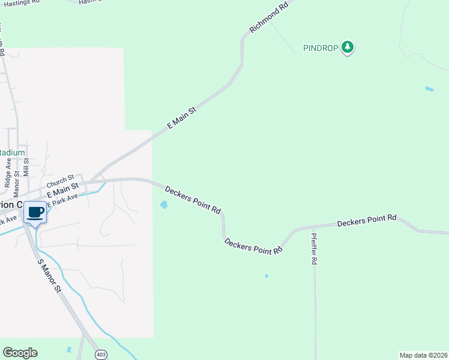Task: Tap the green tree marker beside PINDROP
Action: pyautogui.click(x=347, y=47)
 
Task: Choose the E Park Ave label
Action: pyautogui.click(x=62, y=201)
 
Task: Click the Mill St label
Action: pyautogui.click(x=35, y=163)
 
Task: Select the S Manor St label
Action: pyautogui.click(x=50, y=276)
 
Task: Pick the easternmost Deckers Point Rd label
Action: pyautogui.click(x=367, y=221)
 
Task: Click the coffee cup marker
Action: pyautogui.click(x=35, y=213)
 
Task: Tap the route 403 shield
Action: pyautogui.click(x=101, y=355)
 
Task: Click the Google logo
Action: pyautogui.click(x=20, y=353)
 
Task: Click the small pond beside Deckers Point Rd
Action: pyautogui.click(x=164, y=205)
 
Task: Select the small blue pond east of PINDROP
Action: pyautogui.click(x=429, y=89)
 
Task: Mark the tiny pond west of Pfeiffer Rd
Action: pyautogui.click(x=267, y=277)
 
